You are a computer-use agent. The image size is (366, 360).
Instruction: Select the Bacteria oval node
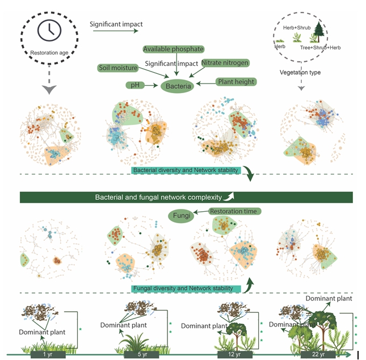(177, 86)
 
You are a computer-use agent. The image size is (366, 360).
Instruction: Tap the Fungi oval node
(180, 215)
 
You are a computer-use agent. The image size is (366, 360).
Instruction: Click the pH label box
(134, 85)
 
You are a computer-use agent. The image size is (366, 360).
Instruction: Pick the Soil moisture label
(117, 68)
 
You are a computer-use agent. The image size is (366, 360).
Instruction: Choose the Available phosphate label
(173, 49)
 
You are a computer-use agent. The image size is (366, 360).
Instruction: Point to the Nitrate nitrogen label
(225, 62)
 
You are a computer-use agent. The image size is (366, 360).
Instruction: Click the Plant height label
(235, 82)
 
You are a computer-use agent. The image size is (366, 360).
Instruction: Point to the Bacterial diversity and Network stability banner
(186, 170)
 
